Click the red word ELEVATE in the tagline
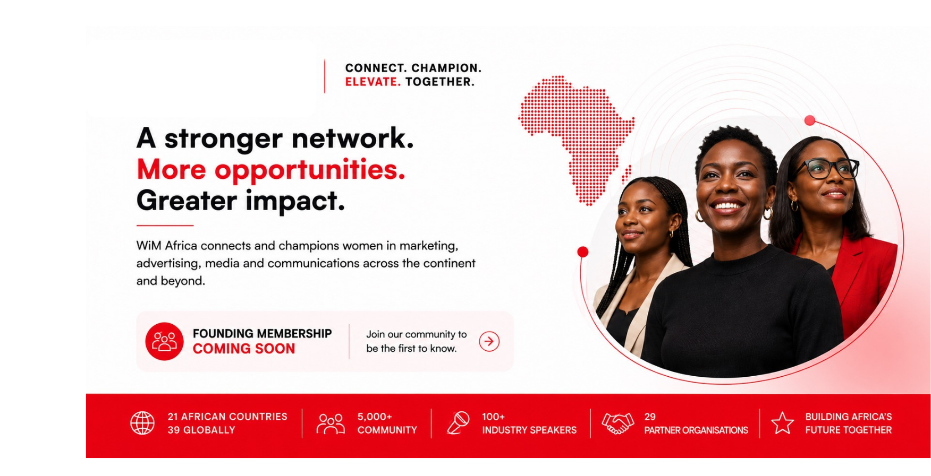pos(373,82)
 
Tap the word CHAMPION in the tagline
pos(446,68)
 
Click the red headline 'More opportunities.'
pos(271,170)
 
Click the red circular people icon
pos(164,341)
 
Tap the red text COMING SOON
pos(243,349)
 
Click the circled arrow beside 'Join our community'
pos(489,341)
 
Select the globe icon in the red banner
pos(142,423)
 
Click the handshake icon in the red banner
pos(617,423)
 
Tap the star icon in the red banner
pos(782,423)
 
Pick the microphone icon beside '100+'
pos(458,423)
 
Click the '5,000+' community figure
pos(375,417)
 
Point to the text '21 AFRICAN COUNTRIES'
pos(227,417)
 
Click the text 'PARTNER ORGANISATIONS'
pos(696,430)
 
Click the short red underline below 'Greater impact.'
pos(165,226)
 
